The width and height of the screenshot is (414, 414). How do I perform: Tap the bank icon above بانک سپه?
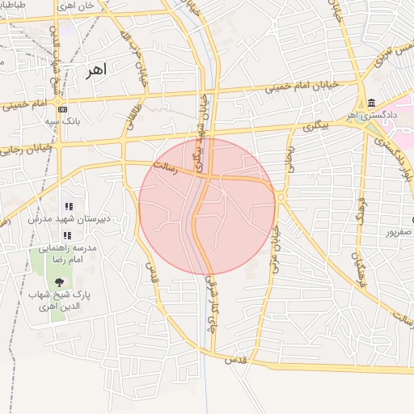[x=62, y=110]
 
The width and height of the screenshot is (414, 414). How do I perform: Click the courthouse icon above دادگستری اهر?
[x=370, y=103]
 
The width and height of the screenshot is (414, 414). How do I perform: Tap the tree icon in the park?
[x=59, y=281]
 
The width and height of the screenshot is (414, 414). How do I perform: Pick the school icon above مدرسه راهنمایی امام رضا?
[x=69, y=235]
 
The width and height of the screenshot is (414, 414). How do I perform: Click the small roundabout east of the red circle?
[x=281, y=197]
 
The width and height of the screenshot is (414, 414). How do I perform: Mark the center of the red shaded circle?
[x=207, y=206]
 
